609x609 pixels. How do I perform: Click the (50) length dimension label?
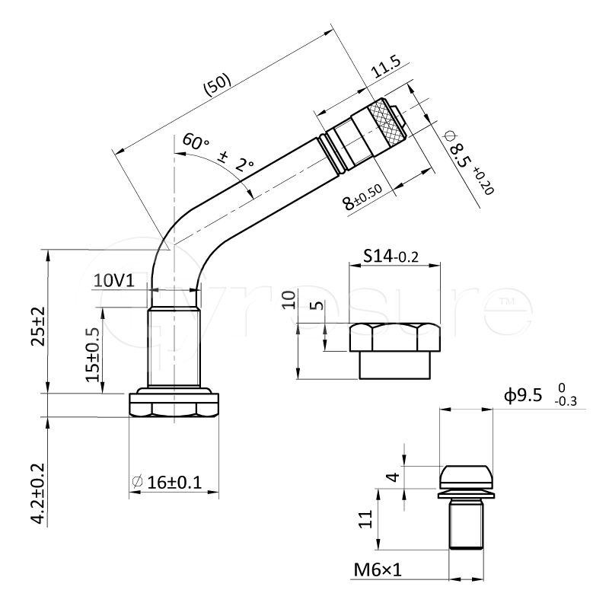[x=218, y=84]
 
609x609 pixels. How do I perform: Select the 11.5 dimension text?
[x=385, y=67]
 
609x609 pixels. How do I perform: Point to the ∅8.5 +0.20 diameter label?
[x=468, y=162]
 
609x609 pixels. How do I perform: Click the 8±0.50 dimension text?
[x=362, y=197]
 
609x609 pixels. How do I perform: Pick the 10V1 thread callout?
[x=113, y=280]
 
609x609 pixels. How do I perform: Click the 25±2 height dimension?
[x=39, y=327]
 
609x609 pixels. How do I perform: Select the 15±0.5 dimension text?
[x=92, y=355]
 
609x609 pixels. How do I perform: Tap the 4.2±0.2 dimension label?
[x=39, y=493]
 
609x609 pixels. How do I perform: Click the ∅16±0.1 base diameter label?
[x=167, y=483]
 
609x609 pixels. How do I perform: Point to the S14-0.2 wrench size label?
[x=391, y=256]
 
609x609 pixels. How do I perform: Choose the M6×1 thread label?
[x=378, y=570]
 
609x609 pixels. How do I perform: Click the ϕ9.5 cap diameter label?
[x=540, y=395]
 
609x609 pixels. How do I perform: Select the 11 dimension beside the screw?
[x=365, y=519]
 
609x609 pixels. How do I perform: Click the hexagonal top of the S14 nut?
[x=395, y=336]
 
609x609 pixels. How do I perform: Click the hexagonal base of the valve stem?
[x=174, y=406]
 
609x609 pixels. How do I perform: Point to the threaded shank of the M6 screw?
[x=466, y=525]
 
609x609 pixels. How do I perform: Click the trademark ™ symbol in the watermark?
[x=506, y=301]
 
